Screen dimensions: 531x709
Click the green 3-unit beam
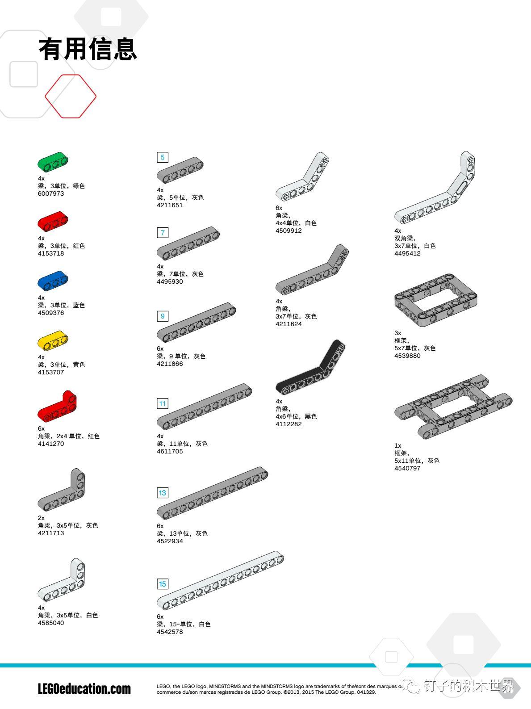pos(53,162)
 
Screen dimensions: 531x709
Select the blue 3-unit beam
pos(53,281)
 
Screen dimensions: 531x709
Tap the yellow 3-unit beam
pos(53,340)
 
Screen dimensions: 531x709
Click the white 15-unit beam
pos(221,580)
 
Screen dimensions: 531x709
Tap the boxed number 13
pos(163,493)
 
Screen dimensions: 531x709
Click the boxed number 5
pos(163,157)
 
